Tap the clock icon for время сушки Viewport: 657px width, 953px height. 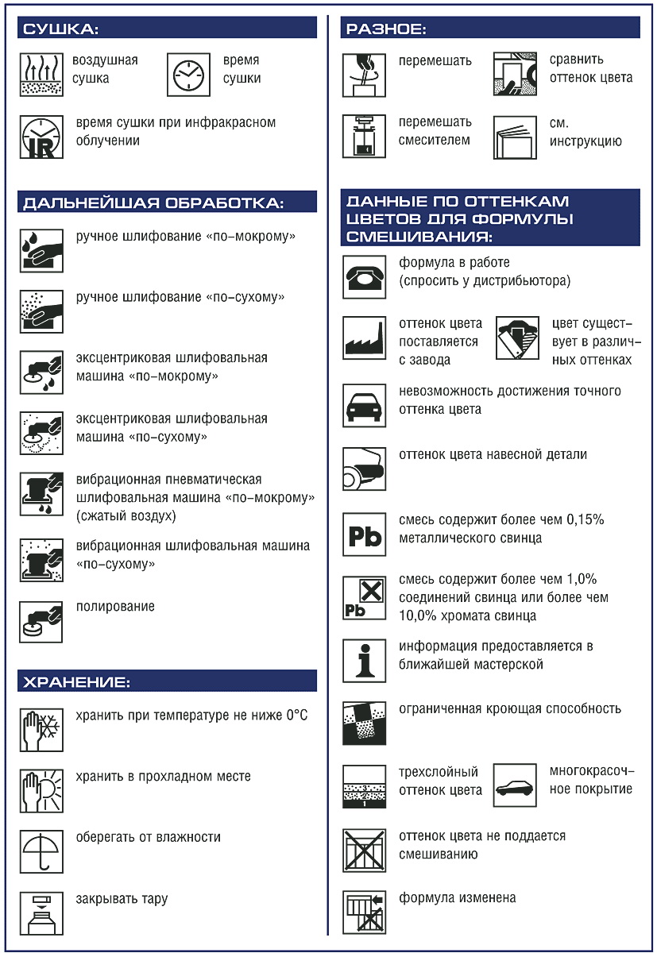[188, 74]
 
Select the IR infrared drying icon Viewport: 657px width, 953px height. [41, 137]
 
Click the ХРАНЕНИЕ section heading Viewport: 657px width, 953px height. [76, 681]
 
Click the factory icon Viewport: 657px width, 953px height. [364, 338]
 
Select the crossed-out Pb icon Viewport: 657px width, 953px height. [364, 598]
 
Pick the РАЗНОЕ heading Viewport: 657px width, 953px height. [385, 30]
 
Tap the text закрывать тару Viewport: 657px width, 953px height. [122, 900]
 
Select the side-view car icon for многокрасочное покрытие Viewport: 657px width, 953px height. [515, 787]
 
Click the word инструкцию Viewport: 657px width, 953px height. [586, 142]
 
